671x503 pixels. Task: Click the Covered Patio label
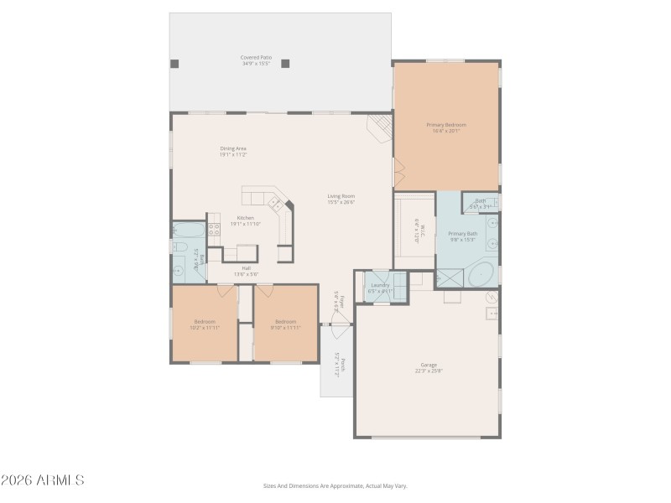click(257, 60)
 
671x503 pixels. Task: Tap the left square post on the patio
click(174, 63)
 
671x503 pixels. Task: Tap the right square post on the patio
click(285, 63)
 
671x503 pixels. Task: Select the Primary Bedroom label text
click(446, 127)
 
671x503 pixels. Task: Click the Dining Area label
click(233, 152)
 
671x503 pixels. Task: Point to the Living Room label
click(341, 200)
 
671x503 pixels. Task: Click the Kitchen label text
click(245, 220)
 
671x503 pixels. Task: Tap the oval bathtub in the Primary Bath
click(481, 274)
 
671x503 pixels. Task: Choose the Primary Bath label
click(462, 236)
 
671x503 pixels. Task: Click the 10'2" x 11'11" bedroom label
click(205, 324)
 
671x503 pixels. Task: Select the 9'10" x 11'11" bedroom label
click(285, 324)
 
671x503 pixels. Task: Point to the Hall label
click(246, 271)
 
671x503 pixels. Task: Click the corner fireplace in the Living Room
click(380, 128)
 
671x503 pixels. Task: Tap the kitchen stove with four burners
click(275, 202)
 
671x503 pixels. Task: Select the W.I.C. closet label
click(416, 229)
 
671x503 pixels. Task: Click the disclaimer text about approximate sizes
click(335, 485)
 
